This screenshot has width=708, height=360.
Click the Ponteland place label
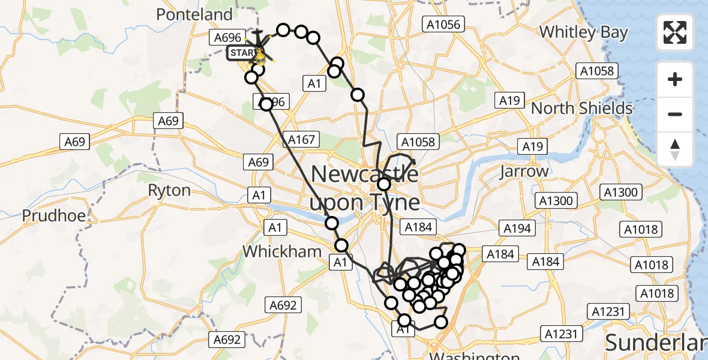[x=194, y=14]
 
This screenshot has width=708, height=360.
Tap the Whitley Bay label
[x=583, y=32]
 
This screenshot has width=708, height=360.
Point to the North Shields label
[x=581, y=109]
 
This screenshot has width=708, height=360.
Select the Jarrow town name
[x=524, y=172]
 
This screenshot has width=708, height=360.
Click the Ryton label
[x=169, y=191]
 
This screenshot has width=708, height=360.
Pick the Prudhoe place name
[x=53, y=215]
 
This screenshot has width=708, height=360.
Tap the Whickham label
[x=282, y=251]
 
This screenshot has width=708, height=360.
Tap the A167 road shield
[x=301, y=140]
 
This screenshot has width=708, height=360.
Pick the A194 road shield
[x=517, y=229]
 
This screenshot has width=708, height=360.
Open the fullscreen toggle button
[x=676, y=32]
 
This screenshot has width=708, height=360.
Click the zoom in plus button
[x=676, y=79]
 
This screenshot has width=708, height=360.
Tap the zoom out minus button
[x=676, y=114]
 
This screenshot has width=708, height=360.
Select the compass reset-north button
[x=676, y=149]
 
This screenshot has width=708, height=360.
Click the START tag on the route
[x=242, y=53]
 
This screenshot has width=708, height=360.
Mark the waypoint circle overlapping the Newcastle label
[x=384, y=184]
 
